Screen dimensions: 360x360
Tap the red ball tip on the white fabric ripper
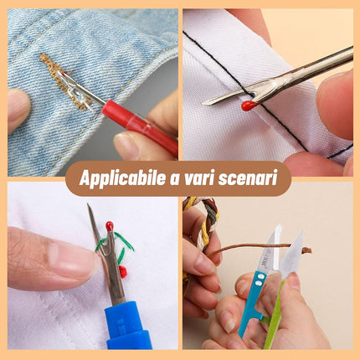[x=248, y=105]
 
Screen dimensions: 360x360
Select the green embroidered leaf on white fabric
[x=124, y=252]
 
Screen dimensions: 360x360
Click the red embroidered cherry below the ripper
[x=123, y=271]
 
